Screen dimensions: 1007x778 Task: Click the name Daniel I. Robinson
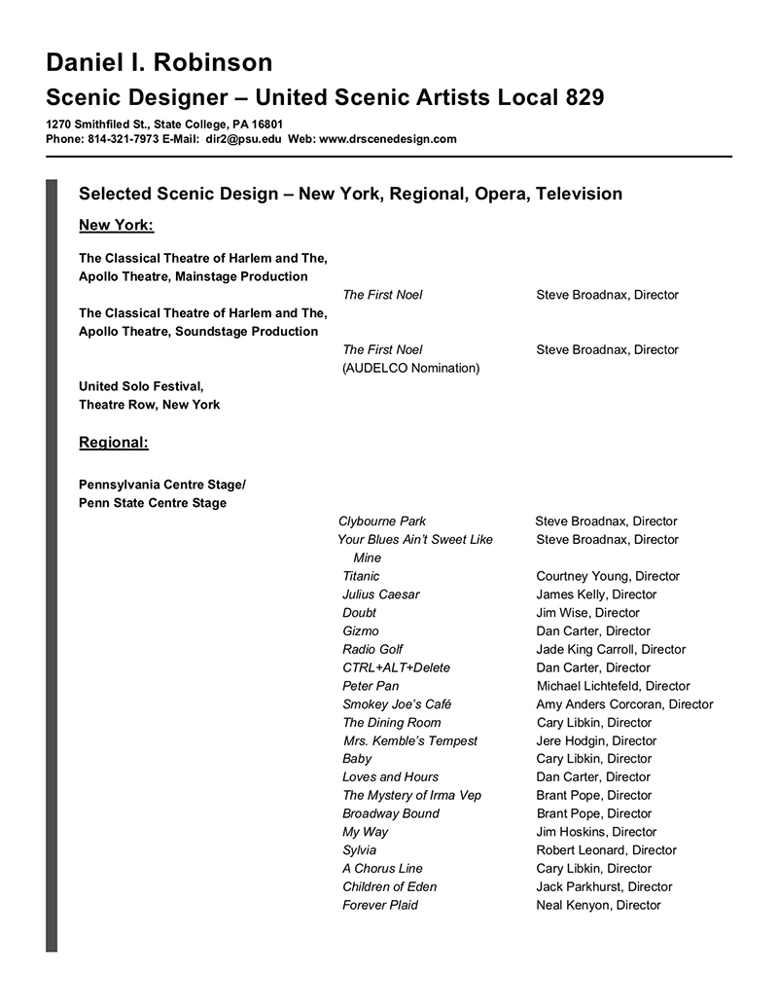[x=159, y=63]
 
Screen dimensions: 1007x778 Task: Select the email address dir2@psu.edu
[x=243, y=139]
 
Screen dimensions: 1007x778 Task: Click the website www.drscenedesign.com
[x=387, y=139]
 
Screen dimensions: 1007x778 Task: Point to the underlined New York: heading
[x=116, y=226]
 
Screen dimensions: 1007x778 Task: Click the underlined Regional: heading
[x=113, y=443]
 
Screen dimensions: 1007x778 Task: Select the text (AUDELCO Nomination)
[x=411, y=368]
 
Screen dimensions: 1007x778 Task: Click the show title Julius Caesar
[x=381, y=594]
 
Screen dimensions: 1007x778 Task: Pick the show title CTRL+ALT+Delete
[x=396, y=667]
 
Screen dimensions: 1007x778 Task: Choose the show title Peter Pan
[x=371, y=686]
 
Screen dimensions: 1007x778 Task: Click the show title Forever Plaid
[x=380, y=905]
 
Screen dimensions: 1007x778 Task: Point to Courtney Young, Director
[x=608, y=576]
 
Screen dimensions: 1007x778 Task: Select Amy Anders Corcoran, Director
[x=624, y=704]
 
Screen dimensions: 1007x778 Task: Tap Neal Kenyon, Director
[x=598, y=905]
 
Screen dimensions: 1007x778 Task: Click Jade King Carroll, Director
[x=611, y=649]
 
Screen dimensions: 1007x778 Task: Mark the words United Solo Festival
[x=141, y=386]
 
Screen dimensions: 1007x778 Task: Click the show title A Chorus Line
[x=382, y=869]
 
